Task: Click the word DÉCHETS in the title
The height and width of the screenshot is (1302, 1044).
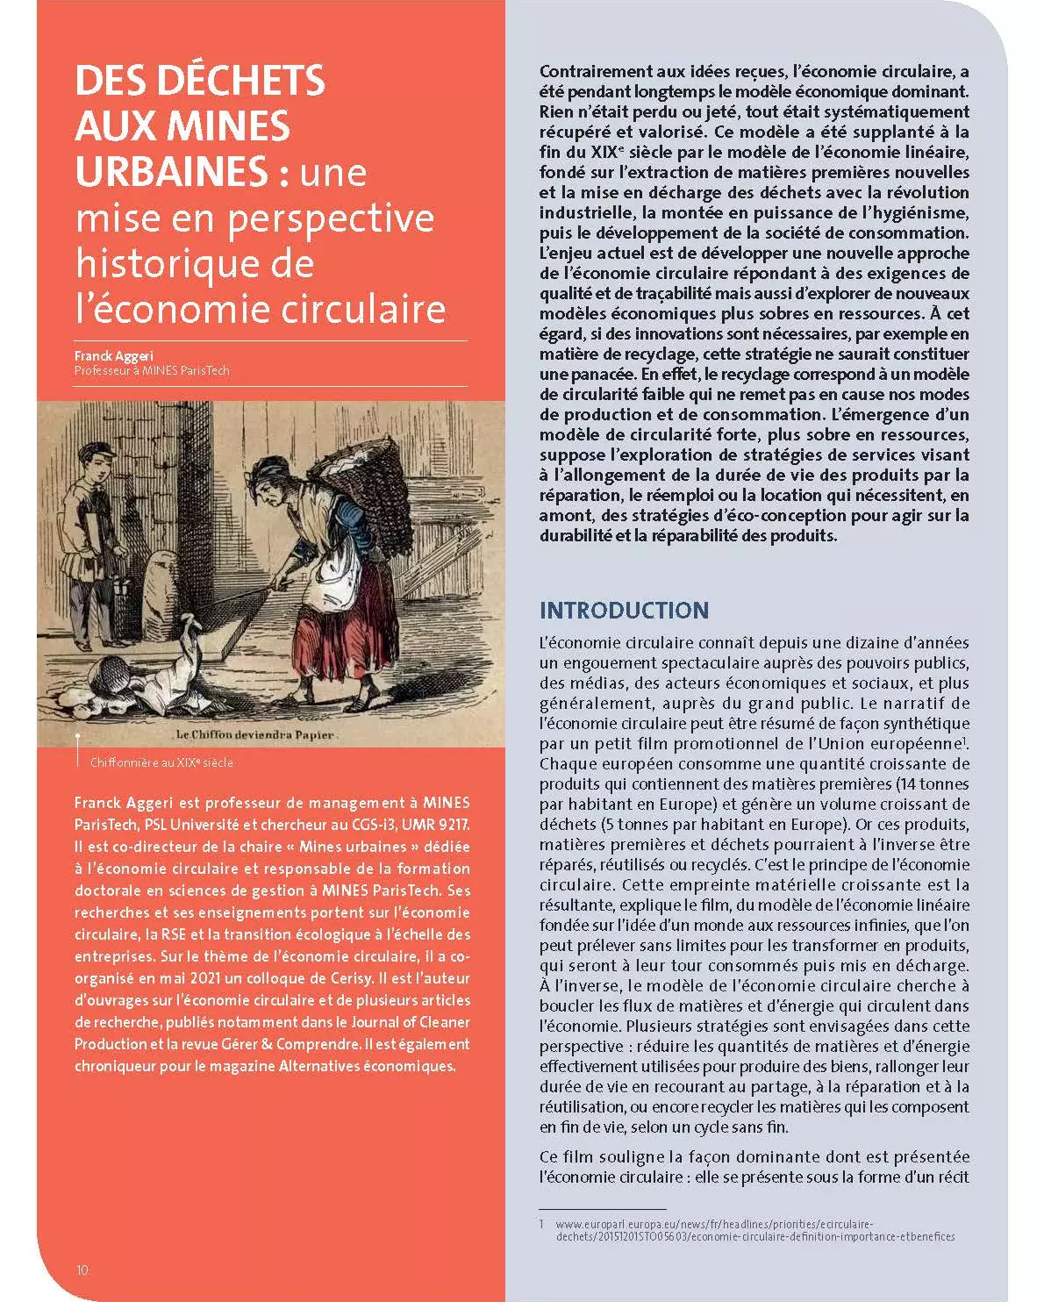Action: click(x=243, y=81)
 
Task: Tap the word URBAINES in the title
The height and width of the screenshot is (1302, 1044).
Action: click(x=170, y=171)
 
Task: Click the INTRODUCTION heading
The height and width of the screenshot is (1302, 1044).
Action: click(x=624, y=611)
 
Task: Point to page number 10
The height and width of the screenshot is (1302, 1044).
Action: click(x=82, y=1270)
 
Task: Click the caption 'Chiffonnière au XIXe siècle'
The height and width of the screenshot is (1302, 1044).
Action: click(x=161, y=762)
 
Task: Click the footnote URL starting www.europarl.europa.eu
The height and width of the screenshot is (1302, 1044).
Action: click(x=754, y=1230)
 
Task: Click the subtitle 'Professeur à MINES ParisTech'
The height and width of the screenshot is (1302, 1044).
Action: click(x=152, y=370)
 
